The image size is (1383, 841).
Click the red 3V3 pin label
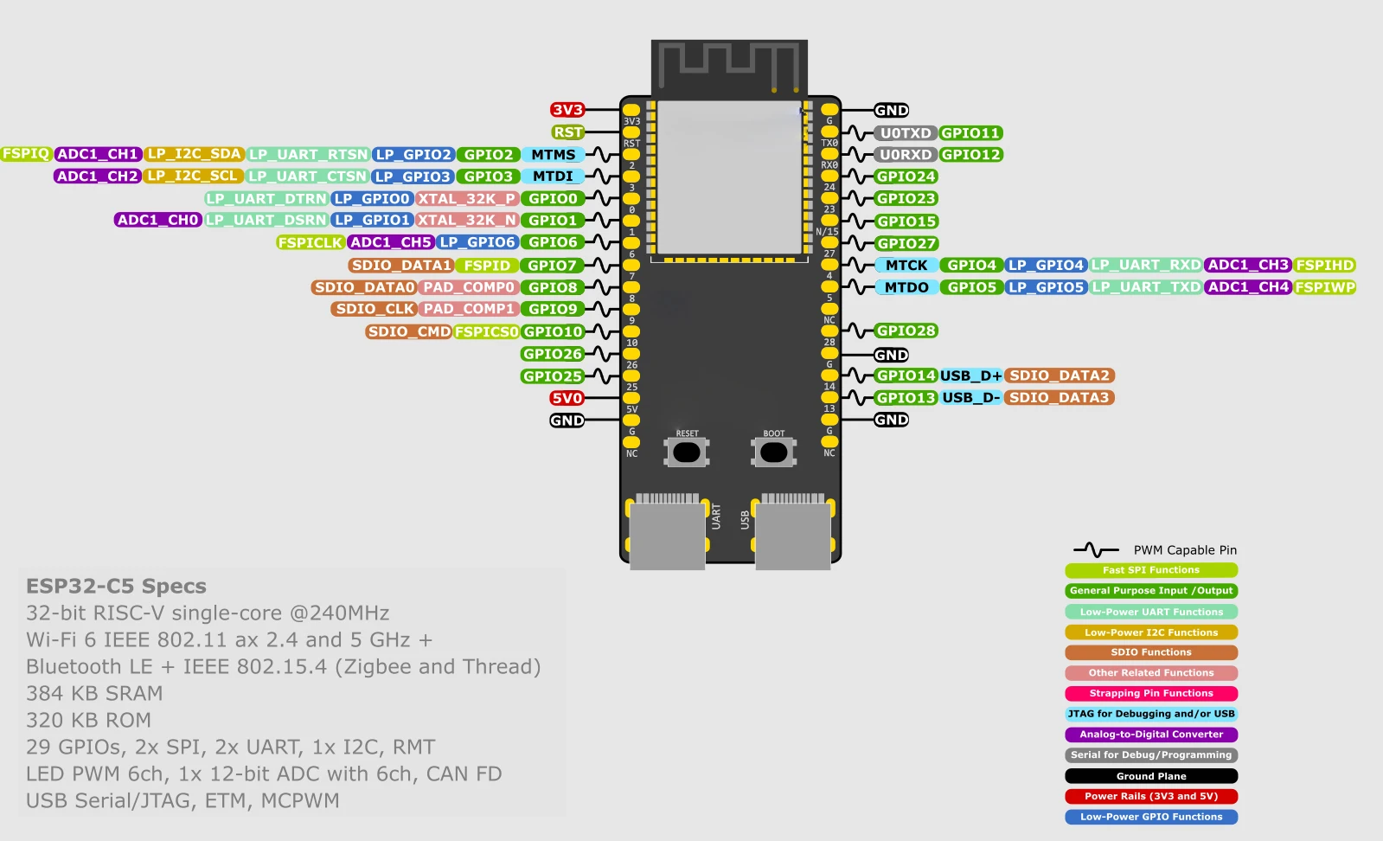click(567, 110)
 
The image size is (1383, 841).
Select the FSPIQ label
click(26, 154)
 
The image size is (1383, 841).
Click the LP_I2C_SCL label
click(193, 176)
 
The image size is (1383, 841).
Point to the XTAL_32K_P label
click(467, 198)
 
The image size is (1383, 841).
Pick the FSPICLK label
click(310, 242)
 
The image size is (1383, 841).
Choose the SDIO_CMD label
click(409, 331)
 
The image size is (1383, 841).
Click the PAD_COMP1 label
click(469, 309)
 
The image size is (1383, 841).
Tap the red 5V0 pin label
click(567, 398)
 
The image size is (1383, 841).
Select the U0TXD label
click(905, 132)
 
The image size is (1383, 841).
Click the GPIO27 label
click(906, 243)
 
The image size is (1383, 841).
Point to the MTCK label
click(906, 265)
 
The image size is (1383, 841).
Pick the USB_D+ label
click(970, 376)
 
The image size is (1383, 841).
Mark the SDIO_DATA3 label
click(1059, 398)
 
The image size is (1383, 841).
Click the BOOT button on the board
click(773, 452)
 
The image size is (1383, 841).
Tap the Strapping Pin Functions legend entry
click(1151, 693)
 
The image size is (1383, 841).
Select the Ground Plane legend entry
click(1151, 776)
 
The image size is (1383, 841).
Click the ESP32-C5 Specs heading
click(116, 586)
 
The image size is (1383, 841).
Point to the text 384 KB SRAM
click(94, 693)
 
